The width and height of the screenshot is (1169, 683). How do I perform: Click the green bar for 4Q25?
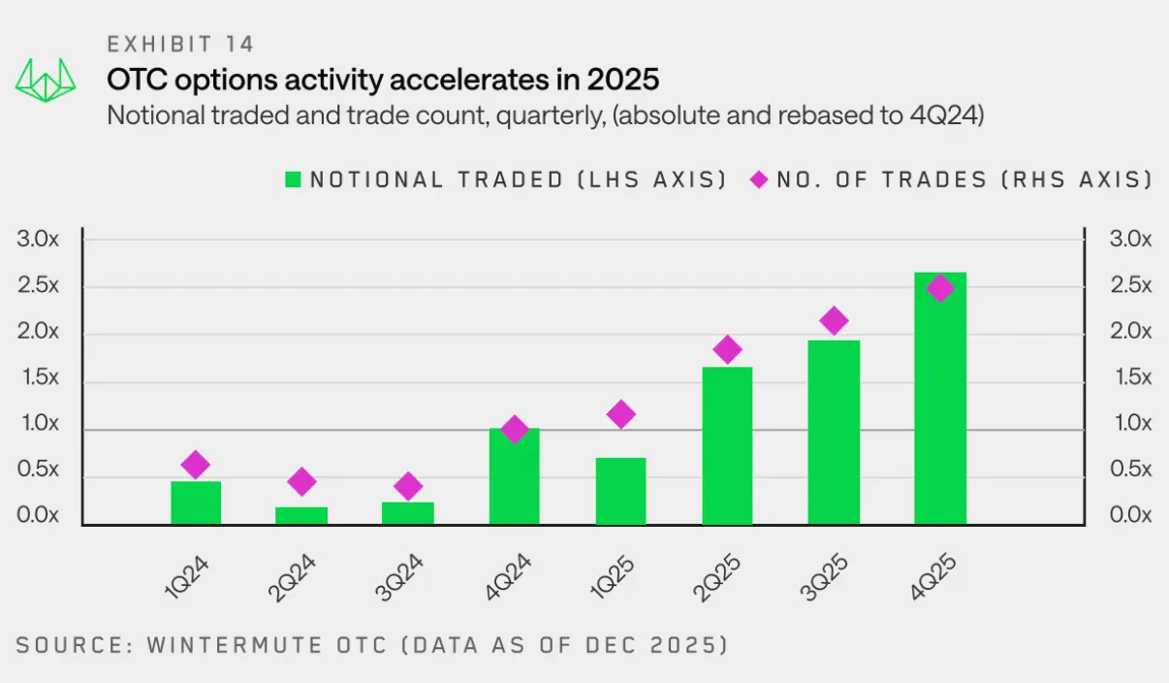940,399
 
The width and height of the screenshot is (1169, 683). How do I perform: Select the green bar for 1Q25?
621,491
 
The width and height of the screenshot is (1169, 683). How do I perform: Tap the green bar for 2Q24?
301,515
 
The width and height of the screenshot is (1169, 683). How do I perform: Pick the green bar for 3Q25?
834,432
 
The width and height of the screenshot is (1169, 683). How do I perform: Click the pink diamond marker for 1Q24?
196,465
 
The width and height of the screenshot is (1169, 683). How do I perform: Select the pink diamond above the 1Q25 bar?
621,414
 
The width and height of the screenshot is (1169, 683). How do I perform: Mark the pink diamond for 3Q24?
408,486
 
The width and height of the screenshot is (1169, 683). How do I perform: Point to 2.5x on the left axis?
39,285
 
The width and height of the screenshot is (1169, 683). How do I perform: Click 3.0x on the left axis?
39,239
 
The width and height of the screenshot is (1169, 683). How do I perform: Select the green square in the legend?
293,179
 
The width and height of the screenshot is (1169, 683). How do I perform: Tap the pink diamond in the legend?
758,179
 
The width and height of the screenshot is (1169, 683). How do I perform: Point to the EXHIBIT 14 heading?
180,44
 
